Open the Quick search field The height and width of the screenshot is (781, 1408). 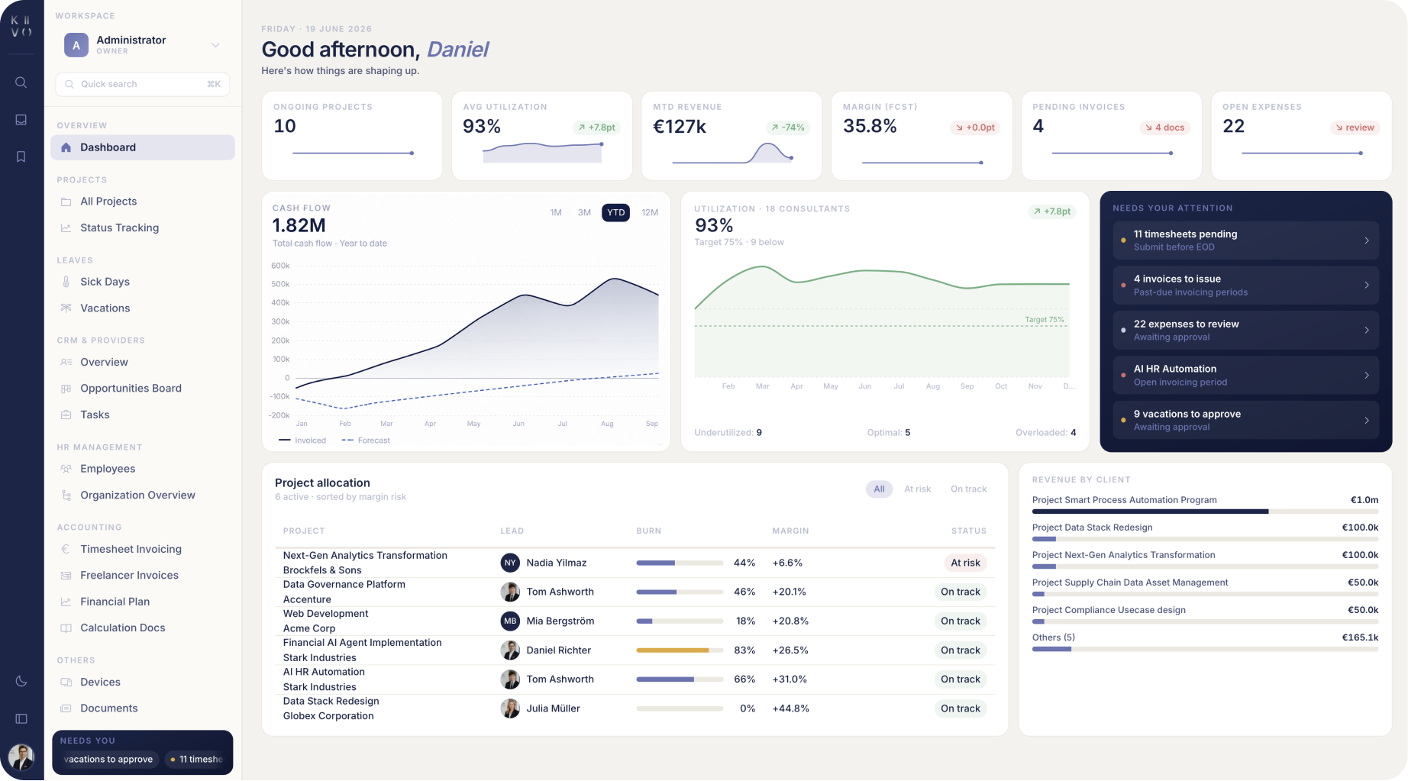click(143, 84)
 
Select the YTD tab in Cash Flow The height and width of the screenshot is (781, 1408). click(615, 212)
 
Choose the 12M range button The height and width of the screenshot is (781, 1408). click(650, 212)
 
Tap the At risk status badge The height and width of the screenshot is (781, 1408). click(965, 563)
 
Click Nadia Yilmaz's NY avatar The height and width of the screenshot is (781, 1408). click(510, 563)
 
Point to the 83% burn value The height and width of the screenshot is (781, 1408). click(744, 650)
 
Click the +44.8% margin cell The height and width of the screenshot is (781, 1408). click(790, 708)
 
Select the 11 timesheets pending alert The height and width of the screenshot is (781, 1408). click(1245, 240)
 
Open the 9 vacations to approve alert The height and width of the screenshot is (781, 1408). click(1245, 420)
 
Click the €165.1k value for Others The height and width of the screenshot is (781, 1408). click(1360, 637)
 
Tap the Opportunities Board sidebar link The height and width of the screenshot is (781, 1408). click(131, 389)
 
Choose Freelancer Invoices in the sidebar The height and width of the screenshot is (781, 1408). click(129, 576)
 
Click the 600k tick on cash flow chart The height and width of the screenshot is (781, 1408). click(280, 266)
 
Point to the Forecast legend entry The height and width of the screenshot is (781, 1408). click(366, 441)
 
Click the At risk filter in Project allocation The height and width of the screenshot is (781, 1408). click(917, 489)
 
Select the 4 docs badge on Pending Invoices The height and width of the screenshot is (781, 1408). click(1164, 127)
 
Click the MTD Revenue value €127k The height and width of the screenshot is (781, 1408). click(680, 127)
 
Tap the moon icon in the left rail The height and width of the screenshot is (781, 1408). click(21, 681)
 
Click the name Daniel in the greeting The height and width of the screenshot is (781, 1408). click(457, 50)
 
